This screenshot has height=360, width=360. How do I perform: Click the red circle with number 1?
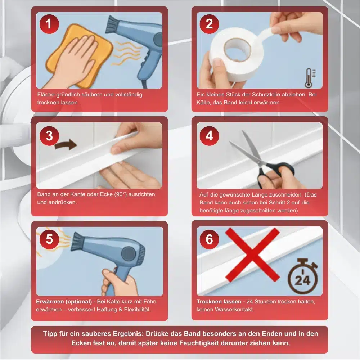(49, 24)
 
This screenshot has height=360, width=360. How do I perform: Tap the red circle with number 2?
(209, 24)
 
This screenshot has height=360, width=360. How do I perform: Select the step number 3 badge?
(49, 136)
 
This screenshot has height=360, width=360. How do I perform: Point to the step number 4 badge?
(209, 136)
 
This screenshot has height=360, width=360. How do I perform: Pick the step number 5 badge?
(49, 239)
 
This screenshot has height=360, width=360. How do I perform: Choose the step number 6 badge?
(209, 239)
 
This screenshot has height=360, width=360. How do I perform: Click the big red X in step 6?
(253, 255)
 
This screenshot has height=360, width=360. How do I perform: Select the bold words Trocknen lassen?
(219, 302)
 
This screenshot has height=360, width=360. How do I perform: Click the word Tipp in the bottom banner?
(50, 334)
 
